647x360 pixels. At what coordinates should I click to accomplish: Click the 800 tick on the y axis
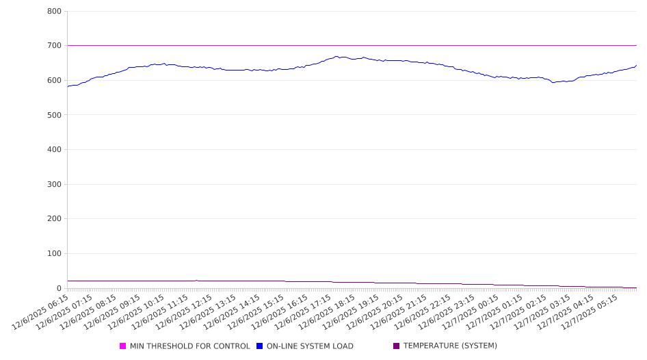click(x=54, y=12)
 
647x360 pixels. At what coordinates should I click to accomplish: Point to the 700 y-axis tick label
click(x=54, y=46)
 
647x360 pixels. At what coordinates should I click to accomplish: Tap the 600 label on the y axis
click(x=54, y=81)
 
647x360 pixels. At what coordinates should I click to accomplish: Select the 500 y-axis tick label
click(x=54, y=115)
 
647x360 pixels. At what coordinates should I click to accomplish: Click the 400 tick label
click(x=54, y=150)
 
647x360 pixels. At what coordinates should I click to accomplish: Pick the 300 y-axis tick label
click(x=54, y=185)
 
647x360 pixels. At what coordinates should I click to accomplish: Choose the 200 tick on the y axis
click(x=54, y=219)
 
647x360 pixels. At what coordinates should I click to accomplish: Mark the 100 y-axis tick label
click(x=54, y=254)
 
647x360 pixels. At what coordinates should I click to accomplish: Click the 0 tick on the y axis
click(x=59, y=288)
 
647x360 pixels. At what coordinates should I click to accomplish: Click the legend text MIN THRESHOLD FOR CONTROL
click(x=189, y=346)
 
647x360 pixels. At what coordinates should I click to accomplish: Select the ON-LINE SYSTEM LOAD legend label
click(x=310, y=346)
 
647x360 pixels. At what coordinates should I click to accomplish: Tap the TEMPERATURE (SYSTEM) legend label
click(x=450, y=346)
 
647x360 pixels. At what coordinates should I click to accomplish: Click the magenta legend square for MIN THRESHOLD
click(x=123, y=346)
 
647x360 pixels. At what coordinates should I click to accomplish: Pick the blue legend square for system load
click(x=260, y=346)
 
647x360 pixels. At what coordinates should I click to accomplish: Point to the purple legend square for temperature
click(x=397, y=346)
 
